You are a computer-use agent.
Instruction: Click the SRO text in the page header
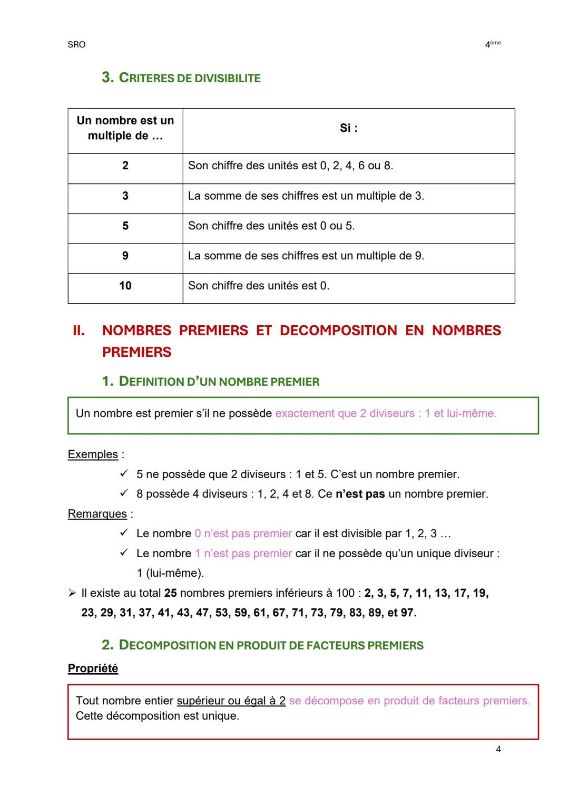pos(76,45)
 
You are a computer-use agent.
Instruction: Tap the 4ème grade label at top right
pos(492,45)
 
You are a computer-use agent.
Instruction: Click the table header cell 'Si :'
pos(348,128)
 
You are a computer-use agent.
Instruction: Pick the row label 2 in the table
pos(125,166)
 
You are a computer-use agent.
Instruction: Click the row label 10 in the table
pos(125,286)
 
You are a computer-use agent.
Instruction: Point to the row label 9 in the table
pos(125,256)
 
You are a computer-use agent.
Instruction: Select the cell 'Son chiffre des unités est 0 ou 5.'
pos(271,226)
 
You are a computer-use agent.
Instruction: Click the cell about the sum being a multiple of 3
pos(306,196)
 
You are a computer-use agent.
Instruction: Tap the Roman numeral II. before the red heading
pos(79,331)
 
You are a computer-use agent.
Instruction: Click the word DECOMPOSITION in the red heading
pos(338,331)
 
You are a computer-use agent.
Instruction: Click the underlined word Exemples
pos(93,454)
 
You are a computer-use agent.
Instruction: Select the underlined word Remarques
pos(97,514)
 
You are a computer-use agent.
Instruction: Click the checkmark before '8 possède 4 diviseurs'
pos(124,494)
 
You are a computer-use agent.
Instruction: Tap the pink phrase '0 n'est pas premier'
pos(243,534)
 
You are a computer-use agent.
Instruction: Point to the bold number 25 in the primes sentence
pos(170,593)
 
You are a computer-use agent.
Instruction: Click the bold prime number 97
pos(407,613)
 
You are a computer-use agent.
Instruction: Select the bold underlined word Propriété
pos(93,668)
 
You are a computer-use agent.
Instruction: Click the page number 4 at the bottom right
pos(498,749)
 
